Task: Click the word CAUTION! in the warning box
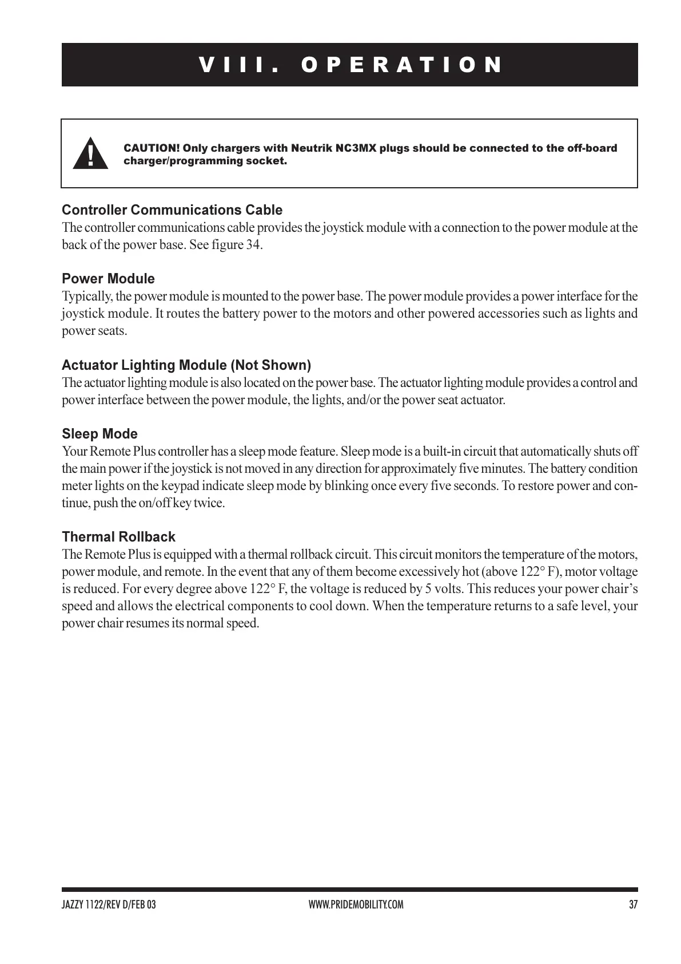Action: pos(152,148)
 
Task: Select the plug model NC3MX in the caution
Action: pos(355,148)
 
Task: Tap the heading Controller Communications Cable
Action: pos(172,210)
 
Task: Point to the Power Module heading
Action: pos(108,279)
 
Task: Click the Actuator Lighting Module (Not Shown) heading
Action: pos(186,365)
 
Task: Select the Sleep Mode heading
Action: pos(99,433)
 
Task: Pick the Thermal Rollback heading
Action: pos(118,536)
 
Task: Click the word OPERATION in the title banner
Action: pos(402,65)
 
